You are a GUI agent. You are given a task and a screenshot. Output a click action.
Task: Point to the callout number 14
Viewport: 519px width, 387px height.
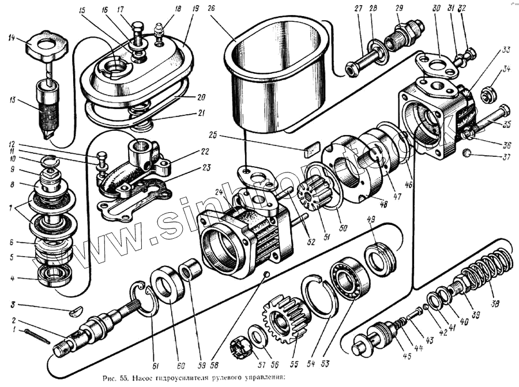[12, 39]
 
